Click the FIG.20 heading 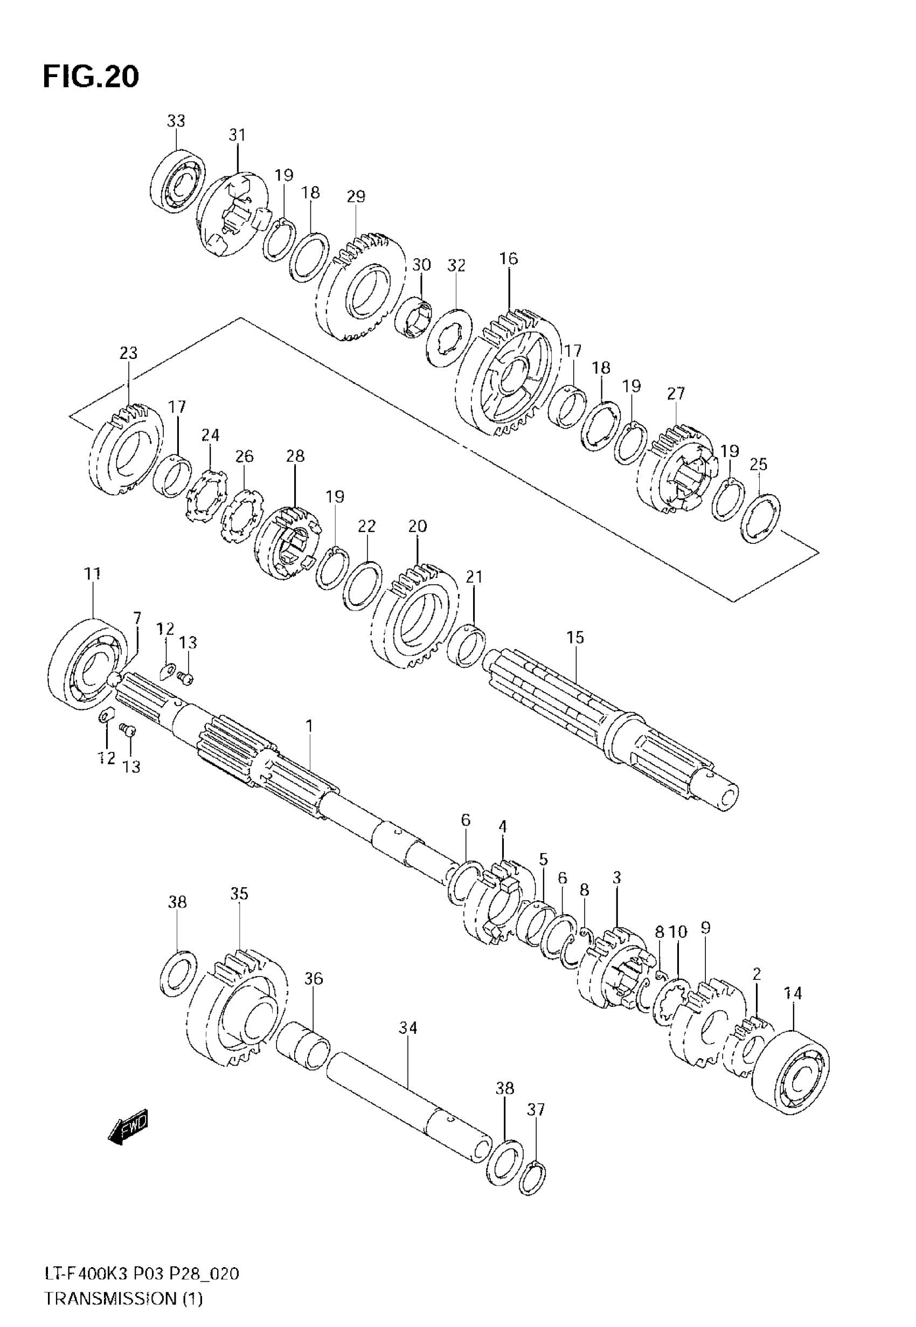coord(91,77)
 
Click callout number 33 coord(176,121)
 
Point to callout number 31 coord(237,135)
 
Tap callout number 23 coord(129,353)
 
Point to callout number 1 coord(309,726)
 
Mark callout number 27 coord(676,394)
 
